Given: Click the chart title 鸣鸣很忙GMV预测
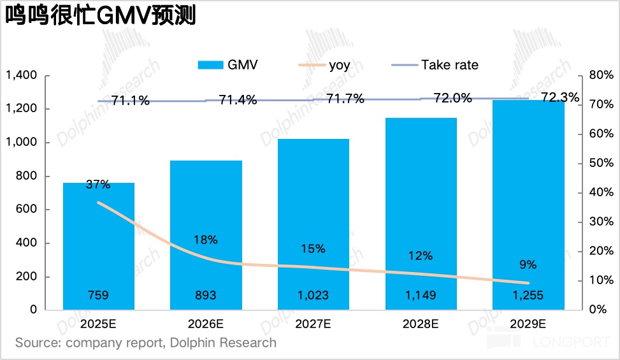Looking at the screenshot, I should coord(101,15).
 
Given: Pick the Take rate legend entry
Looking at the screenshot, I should coord(433,64).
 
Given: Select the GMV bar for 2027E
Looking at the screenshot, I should coord(314,224).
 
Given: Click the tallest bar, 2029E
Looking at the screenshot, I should coord(528,205).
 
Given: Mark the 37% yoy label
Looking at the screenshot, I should coord(99,185).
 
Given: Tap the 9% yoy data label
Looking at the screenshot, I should coord(528,264).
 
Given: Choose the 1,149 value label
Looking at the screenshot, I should coord(421,295).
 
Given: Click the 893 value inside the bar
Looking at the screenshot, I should coord(206,295).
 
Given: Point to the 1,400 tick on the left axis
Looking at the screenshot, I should coord(21,76).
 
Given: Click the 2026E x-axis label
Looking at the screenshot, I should coord(206,324).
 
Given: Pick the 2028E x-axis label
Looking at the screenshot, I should coord(421,324).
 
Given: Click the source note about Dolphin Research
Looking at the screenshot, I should coord(146,343).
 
